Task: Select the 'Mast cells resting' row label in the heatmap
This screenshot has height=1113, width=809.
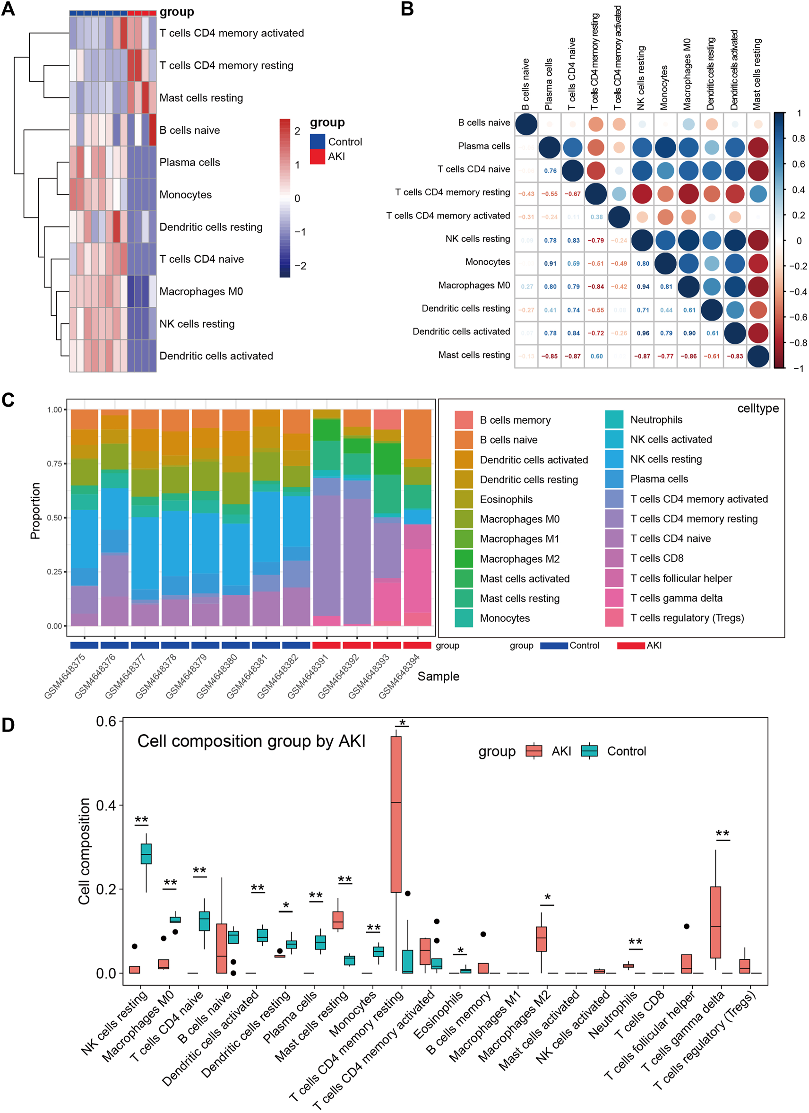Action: [x=201, y=98]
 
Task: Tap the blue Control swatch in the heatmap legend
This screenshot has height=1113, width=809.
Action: [x=318, y=141]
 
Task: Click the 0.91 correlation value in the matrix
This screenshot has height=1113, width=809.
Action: [x=550, y=263]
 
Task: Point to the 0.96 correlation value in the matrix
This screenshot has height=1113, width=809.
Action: [x=643, y=333]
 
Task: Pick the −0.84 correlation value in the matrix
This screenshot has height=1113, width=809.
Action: [x=596, y=287]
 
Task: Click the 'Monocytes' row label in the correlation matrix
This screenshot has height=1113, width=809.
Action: [x=487, y=262]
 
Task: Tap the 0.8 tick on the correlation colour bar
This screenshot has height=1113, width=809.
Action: [x=798, y=139]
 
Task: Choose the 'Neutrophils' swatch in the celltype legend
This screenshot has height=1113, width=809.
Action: [x=614, y=419]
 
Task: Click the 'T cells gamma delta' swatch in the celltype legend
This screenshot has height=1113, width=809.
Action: [x=614, y=598]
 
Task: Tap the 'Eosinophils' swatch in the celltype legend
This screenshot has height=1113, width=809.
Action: [x=464, y=499]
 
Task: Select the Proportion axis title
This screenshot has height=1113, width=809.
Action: [x=35, y=511]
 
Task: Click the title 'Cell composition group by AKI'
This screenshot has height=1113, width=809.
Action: [x=251, y=741]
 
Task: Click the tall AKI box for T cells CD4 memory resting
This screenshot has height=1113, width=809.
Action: [x=396, y=815]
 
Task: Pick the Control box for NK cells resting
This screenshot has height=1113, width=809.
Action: [x=146, y=854]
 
